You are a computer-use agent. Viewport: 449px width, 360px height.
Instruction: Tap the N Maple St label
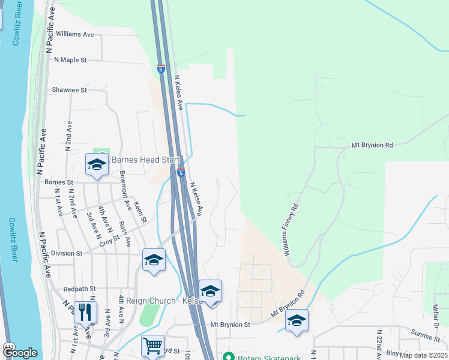70,60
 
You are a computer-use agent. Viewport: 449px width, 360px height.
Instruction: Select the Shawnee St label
69,89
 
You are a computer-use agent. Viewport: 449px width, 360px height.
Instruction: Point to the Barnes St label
58,182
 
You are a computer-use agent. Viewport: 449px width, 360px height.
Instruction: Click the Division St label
66,253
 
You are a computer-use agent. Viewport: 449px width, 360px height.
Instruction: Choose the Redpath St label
79,289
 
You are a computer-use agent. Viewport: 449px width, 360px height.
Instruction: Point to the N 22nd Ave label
379,344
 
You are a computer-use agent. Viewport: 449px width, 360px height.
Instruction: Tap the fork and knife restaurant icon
85,312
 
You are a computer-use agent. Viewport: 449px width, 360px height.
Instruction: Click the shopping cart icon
153,346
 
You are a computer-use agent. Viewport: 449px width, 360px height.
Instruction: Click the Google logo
20,353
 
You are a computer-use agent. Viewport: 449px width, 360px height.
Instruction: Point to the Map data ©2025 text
424,355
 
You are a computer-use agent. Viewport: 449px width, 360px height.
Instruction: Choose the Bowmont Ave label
125,190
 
